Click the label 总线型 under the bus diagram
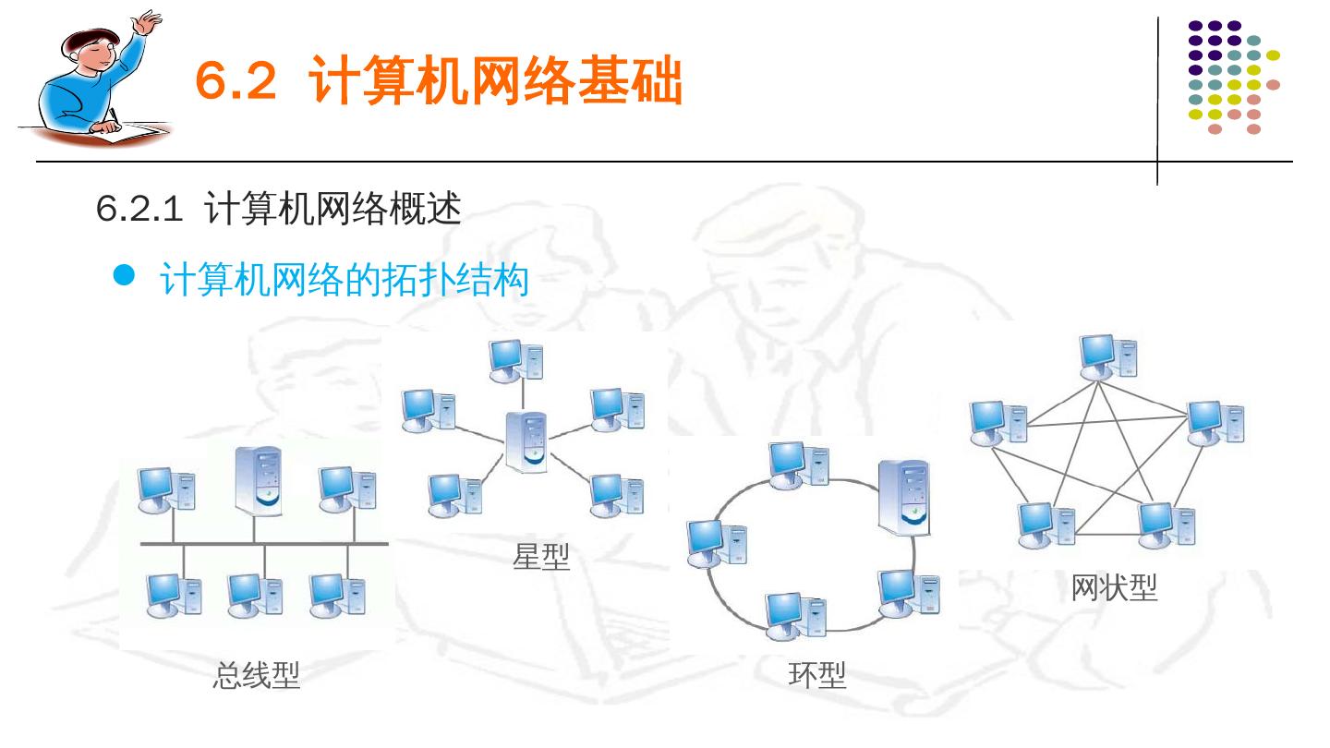(257, 676)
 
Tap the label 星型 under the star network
(541, 557)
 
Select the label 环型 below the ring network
(817, 676)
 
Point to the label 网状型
(1114, 587)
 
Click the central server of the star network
(527, 442)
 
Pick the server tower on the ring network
(903, 497)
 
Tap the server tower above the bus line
(258, 481)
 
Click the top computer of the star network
(515, 361)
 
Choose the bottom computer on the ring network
(795, 614)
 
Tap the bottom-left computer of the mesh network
(1046, 524)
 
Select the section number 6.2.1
(139, 211)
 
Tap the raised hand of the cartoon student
(145, 21)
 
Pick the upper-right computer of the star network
(617, 408)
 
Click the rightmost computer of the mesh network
(1215, 422)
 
